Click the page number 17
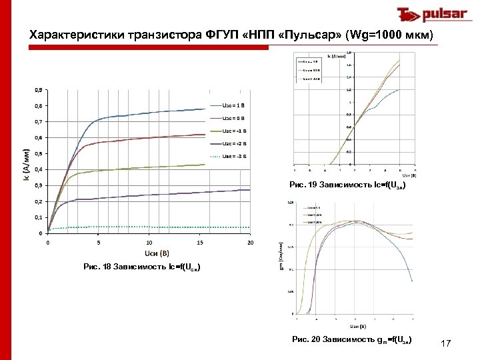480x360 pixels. click(446, 343)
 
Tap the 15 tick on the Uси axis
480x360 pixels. click(200, 243)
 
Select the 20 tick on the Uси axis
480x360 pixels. click(251, 243)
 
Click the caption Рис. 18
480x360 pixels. click(140, 267)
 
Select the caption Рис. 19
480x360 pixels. click(346, 184)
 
